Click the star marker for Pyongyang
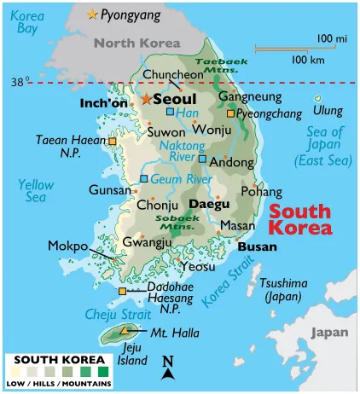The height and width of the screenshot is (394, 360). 93,14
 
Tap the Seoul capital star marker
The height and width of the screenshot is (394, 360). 146,99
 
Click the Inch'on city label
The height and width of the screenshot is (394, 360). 102,103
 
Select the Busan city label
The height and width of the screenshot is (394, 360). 256,246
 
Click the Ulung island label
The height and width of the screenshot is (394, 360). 328,111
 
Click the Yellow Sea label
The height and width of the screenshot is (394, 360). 36,190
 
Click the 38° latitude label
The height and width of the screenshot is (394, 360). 20,82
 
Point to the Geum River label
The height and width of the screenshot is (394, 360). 181,178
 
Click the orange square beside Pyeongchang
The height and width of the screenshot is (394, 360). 229,113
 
